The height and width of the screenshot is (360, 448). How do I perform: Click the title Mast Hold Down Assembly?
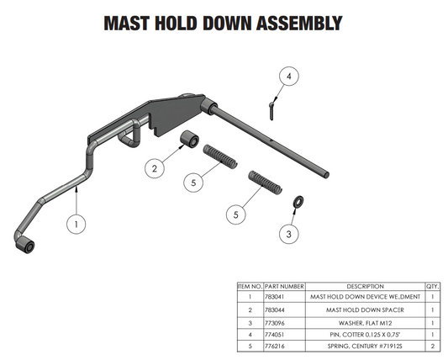[223, 23]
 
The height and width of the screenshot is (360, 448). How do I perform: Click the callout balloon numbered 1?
[77, 225]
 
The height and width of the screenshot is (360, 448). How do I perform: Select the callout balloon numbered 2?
[154, 168]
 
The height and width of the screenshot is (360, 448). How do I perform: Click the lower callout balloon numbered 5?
[238, 214]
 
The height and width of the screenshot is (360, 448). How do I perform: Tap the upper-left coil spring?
[221, 157]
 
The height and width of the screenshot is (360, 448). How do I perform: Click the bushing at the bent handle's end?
[27, 246]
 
